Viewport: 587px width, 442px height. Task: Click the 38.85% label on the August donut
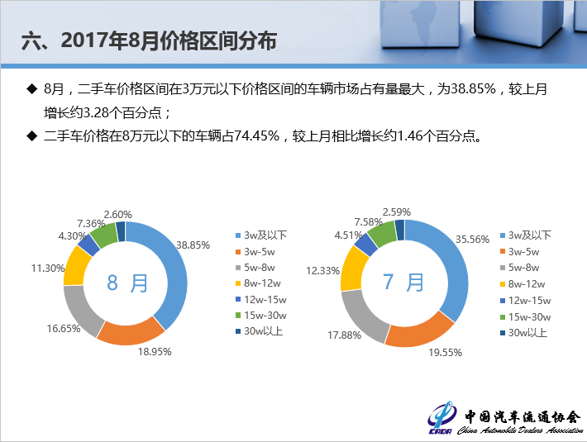(193, 245)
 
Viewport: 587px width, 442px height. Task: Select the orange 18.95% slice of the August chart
(130, 331)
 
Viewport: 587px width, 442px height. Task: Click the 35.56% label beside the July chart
(472, 239)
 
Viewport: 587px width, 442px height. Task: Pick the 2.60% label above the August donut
(117, 214)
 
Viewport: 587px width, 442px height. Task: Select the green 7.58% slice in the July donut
(382, 234)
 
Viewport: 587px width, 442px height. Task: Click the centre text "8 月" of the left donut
(127, 283)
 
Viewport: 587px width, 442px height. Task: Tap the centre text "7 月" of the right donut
(403, 282)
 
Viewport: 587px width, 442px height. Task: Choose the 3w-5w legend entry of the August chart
(255, 252)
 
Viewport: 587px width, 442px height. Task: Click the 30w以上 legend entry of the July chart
(523, 333)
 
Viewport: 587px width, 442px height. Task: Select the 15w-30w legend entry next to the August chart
(261, 316)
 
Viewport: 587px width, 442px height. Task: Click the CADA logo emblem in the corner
(441, 418)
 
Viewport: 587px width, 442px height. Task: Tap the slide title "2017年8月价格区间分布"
(169, 40)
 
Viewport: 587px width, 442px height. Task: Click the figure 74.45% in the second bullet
(257, 135)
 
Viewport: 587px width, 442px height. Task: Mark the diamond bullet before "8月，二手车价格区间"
(32, 89)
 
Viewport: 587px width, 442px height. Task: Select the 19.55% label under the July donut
(446, 352)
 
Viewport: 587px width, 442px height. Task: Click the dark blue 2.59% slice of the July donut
(400, 229)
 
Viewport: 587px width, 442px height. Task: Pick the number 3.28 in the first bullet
(96, 112)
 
